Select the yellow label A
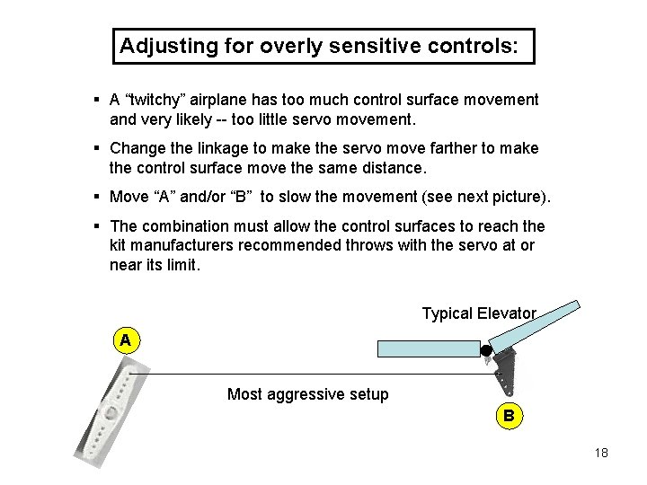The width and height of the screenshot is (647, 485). click(x=126, y=340)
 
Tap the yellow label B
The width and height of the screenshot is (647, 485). click(x=509, y=415)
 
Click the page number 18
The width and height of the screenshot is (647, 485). click(x=601, y=453)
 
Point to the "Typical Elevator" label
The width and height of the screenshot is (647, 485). click(x=479, y=313)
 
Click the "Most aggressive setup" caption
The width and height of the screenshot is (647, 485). click(x=308, y=394)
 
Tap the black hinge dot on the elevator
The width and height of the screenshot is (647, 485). click(x=486, y=350)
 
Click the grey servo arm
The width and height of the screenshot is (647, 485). click(x=111, y=414)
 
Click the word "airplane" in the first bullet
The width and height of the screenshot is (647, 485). click(x=228, y=100)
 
